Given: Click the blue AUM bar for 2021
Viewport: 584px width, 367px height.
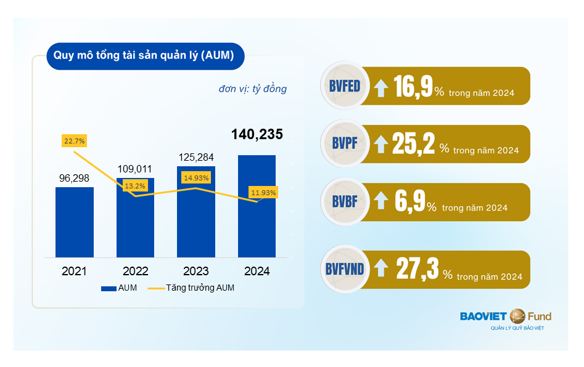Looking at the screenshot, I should point(75,222).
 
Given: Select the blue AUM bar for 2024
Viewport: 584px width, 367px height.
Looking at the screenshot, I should point(257,206).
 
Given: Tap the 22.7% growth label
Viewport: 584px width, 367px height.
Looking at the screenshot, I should point(75,141).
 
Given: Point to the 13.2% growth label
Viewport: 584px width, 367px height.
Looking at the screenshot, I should point(135,185).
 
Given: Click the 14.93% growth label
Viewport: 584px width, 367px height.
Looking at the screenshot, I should point(196,178).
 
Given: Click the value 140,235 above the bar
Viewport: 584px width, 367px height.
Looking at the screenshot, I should point(257,135).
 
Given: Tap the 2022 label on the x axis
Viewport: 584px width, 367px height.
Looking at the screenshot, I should point(135,271).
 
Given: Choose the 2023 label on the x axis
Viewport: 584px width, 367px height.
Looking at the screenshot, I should point(196,271).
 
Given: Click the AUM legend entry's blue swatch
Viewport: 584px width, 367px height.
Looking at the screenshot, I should point(109,288).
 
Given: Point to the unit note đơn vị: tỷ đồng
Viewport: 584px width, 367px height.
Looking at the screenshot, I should point(252,89).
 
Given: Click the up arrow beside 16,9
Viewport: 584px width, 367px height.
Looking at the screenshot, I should point(382,88).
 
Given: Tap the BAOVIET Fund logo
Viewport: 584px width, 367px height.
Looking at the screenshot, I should point(506,318).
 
